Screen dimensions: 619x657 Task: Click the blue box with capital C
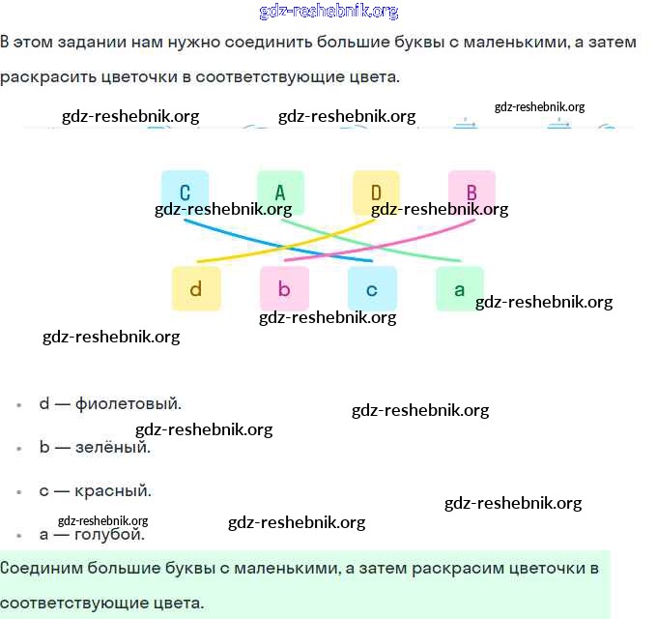click(185, 192)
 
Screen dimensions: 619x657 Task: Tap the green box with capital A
click(280, 192)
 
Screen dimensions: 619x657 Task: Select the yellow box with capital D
click(376, 192)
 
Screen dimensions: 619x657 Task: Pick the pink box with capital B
click(471, 192)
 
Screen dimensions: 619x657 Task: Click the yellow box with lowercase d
click(195, 288)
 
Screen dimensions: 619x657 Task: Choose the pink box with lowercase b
click(284, 288)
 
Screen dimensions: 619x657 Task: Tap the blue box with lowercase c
click(372, 288)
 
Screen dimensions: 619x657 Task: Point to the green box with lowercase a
click(460, 288)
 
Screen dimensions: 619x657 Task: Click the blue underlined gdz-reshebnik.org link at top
click(328, 12)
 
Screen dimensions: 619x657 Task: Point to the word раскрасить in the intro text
click(45, 76)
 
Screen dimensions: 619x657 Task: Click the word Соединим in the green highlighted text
click(39, 567)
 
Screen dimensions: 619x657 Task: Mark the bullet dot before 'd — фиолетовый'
click(19, 404)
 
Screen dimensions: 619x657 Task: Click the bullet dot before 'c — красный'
click(19, 491)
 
